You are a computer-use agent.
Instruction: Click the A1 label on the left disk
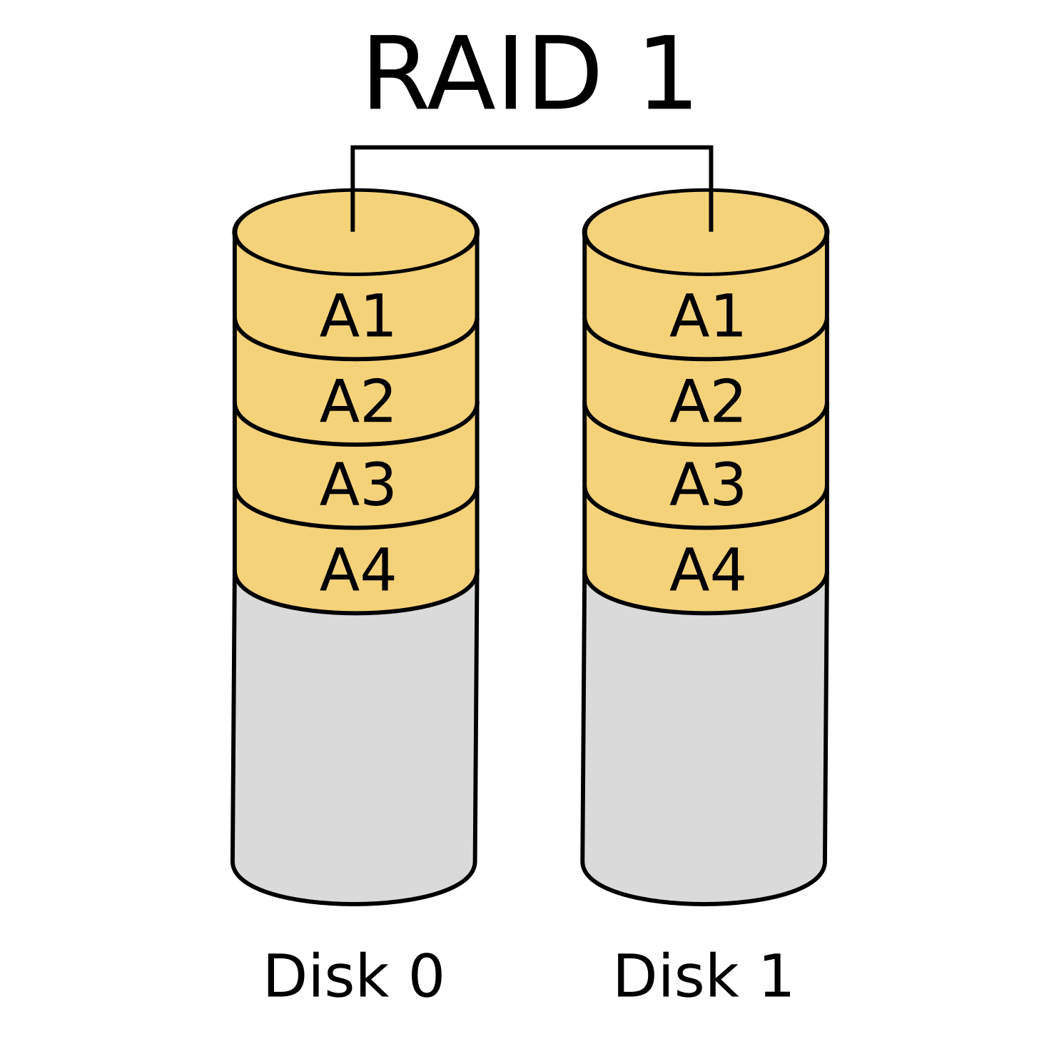(357, 317)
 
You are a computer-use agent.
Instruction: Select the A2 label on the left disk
(357, 402)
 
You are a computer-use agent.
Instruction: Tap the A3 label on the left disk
(357, 486)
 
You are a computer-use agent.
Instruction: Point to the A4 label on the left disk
(357, 571)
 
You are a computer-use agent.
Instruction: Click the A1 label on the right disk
(706, 317)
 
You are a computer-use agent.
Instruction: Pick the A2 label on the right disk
(706, 402)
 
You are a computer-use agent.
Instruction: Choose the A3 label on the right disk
(706, 486)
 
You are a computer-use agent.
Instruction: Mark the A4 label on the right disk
(706, 571)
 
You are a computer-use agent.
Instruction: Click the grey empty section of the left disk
(355, 749)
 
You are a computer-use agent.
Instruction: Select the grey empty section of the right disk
(704, 749)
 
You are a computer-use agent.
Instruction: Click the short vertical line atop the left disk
(353, 211)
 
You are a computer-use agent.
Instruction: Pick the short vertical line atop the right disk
(711, 211)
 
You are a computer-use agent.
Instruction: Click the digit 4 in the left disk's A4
(377, 571)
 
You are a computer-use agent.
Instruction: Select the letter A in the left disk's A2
(338, 402)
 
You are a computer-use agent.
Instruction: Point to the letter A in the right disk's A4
(688, 571)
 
